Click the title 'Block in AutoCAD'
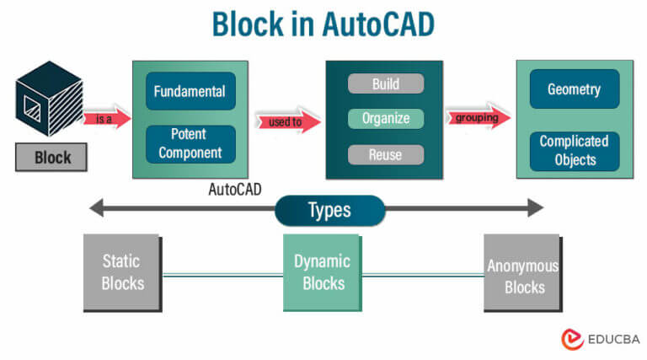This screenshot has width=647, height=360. point(323,24)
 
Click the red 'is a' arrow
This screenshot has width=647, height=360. point(107,119)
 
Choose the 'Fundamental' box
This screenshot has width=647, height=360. point(190,91)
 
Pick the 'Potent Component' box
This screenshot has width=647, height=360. point(190,143)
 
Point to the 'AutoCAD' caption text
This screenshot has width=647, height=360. point(234,190)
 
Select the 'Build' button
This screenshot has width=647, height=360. point(385,84)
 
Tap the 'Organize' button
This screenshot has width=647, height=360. point(385,119)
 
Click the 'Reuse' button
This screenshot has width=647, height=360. point(385,154)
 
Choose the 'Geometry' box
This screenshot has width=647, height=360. point(575,89)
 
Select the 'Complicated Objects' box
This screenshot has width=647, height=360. point(575,151)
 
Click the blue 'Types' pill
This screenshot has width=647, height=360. point(329,210)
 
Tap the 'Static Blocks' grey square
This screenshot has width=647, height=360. point(121,271)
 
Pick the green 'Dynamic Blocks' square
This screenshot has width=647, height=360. point(321,272)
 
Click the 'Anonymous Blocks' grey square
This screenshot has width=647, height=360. point(522,272)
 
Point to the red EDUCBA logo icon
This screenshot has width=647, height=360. point(573,339)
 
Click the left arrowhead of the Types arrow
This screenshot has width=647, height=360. point(98,207)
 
